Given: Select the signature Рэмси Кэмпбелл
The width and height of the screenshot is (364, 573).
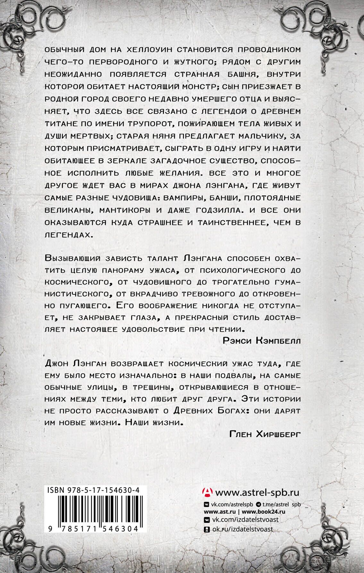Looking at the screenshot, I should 262,341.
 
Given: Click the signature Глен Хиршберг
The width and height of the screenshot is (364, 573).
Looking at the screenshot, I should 265,434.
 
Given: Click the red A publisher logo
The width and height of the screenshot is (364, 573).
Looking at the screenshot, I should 207,492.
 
